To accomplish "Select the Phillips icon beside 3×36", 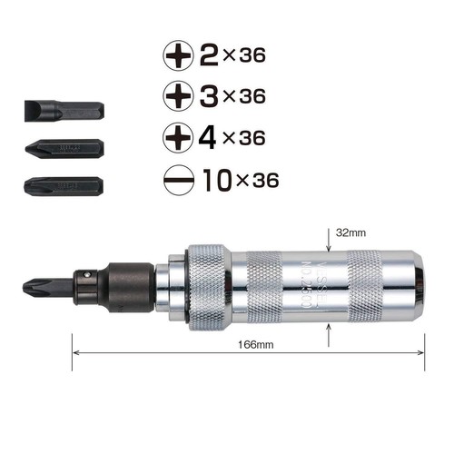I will tap(178, 94).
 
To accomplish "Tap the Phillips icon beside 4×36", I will tap(178, 137).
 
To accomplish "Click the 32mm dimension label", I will tap(350, 233).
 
